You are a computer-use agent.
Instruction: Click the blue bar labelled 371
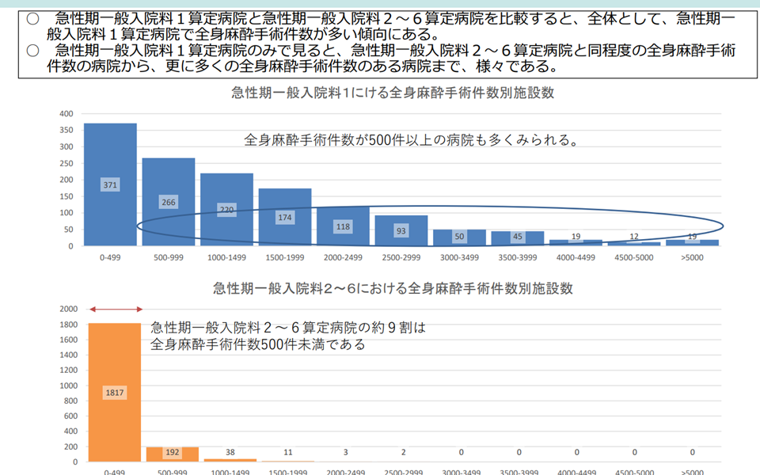pyautogui.click(x=110, y=158)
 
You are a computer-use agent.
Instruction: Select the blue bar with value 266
pyautogui.click(x=169, y=182)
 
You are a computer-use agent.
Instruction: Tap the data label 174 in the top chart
pyautogui.click(x=285, y=216)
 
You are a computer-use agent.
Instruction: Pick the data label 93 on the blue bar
pyautogui.click(x=401, y=230)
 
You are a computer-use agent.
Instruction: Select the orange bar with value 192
pyautogui.click(x=173, y=454)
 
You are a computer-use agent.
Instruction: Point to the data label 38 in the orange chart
pyautogui.click(x=230, y=452)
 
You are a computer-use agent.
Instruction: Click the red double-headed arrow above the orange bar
pyautogui.click(x=114, y=309)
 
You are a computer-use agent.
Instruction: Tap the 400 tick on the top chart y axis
pyautogui.click(x=66, y=113)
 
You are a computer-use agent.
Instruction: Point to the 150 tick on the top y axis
pyautogui.click(x=66, y=196)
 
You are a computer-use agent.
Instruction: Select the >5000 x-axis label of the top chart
pyautogui.click(x=692, y=258)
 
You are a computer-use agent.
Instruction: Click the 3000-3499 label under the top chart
pyautogui.click(x=459, y=258)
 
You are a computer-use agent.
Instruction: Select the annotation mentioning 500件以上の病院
pyautogui.click(x=410, y=140)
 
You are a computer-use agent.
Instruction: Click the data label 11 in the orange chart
pyautogui.click(x=288, y=452)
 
